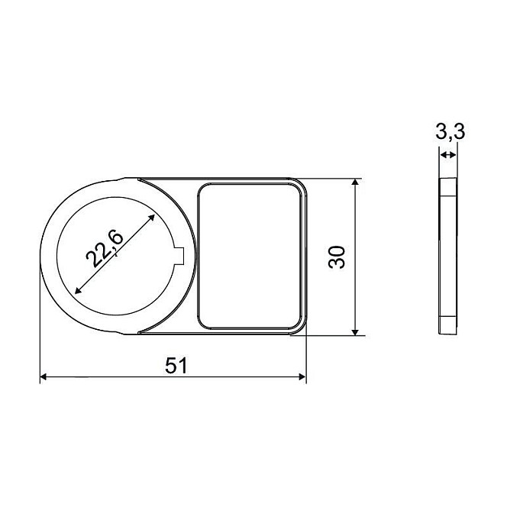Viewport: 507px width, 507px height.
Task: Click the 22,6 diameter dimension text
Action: pyautogui.click(x=105, y=249)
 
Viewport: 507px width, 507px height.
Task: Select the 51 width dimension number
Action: pyautogui.click(x=176, y=366)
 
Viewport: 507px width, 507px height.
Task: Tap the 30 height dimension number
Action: pyautogui.click(x=337, y=257)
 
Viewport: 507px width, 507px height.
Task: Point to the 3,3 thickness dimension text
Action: pyautogui.click(x=450, y=131)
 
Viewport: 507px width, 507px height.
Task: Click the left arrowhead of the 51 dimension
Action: pyautogui.click(x=44, y=376)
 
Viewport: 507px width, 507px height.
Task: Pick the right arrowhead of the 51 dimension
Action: pyautogui.click(x=302, y=376)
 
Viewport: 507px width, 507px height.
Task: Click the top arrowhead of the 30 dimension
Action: pyautogui.click(x=355, y=182)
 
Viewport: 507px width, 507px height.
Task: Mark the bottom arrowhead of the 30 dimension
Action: pyautogui.click(x=355, y=331)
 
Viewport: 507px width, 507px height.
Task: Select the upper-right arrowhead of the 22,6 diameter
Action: pyautogui.click(x=151, y=218)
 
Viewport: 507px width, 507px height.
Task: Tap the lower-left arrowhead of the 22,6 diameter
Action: pyautogui.click(x=79, y=290)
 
